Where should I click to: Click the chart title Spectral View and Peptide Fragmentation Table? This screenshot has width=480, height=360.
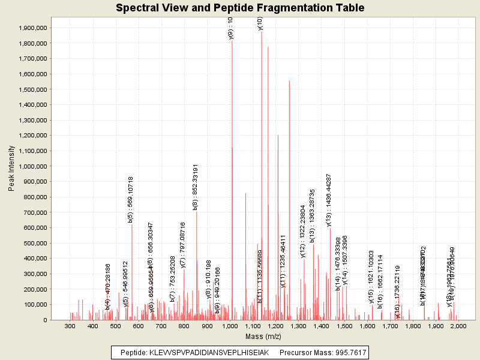(x=240, y=8)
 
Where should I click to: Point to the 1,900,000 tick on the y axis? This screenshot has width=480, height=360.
(x=31, y=28)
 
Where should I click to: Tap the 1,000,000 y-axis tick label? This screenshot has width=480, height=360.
(x=31, y=166)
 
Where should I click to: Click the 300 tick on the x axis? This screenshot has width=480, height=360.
(x=70, y=326)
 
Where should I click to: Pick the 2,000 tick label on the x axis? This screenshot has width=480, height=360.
(x=458, y=326)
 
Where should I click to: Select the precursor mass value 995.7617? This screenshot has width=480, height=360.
(x=349, y=352)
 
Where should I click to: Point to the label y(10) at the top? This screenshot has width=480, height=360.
(x=260, y=23)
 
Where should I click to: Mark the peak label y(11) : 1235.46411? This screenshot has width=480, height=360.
(x=283, y=262)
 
